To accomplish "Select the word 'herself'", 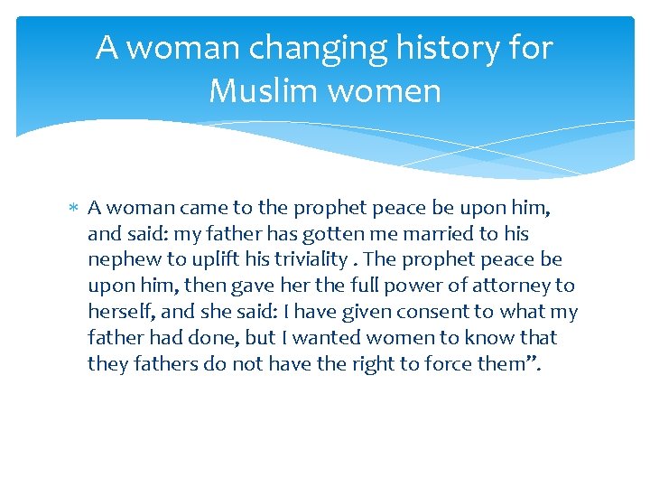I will point(120,312).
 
